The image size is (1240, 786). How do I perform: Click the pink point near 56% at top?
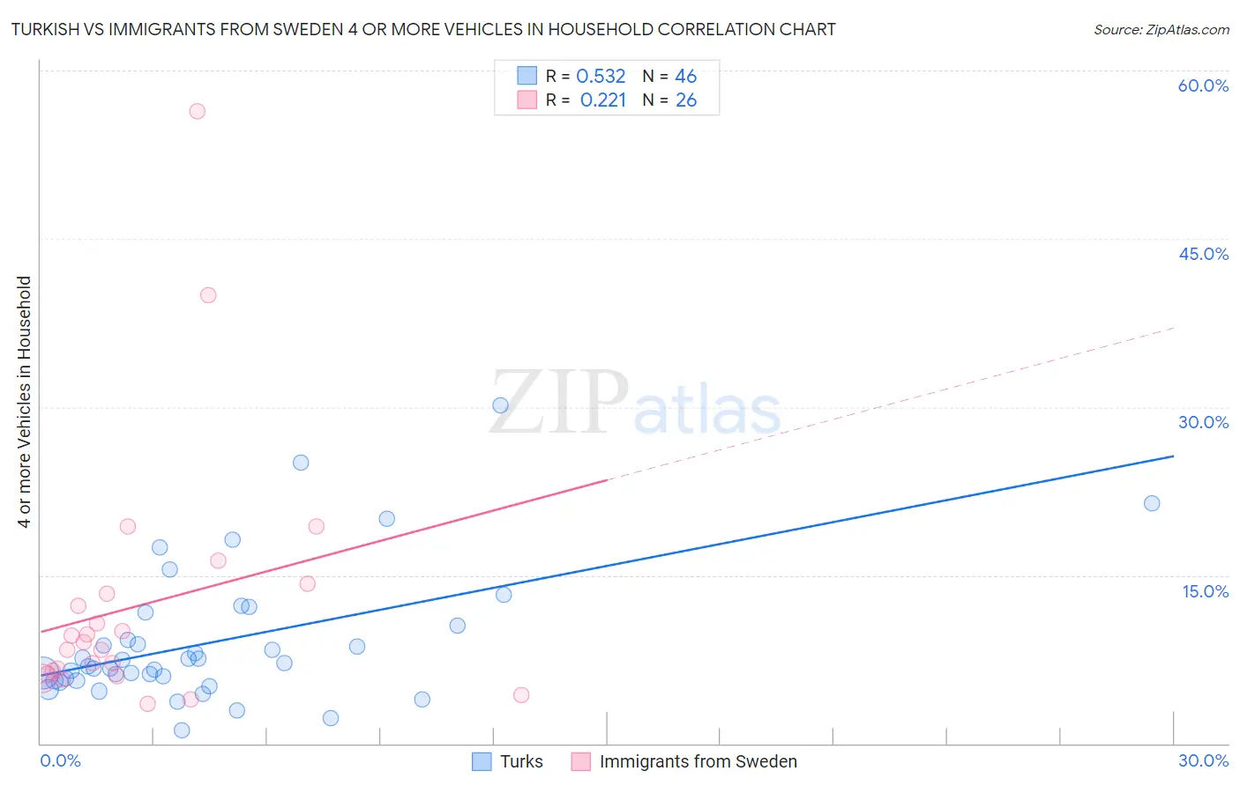(x=197, y=111)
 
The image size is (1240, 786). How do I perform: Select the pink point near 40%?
(x=208, y=295)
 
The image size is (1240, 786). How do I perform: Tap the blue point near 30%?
(x=500, y=405)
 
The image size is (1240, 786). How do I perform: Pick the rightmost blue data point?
(x=1152, y=503)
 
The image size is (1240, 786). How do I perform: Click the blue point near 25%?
(x=301, y=463)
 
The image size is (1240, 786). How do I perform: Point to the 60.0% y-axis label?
(x=1203, y=85)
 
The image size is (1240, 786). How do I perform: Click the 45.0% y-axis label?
(x=1203, y=254)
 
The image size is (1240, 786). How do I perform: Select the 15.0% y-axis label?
(x=1205, y=591)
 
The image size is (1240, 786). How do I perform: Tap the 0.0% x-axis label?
(x=60, y=760)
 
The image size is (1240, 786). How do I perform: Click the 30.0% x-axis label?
(x=1203, y=760)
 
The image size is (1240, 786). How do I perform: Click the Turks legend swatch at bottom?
(x=482, y=761)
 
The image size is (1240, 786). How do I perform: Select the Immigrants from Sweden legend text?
(x=698, y=761)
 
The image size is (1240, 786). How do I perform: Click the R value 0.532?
(x=601, y=77)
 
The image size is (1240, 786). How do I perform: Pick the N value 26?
(x=686, y=100)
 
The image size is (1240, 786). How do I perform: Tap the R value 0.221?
(x=603, y=100)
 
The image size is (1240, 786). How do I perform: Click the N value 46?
(x=686, y=77)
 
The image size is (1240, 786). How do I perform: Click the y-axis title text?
(x=25, y=402)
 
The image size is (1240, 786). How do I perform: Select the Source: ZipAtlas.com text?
(x=1162, y=30)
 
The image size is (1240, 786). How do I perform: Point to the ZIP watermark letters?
(x=559, y=403)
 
